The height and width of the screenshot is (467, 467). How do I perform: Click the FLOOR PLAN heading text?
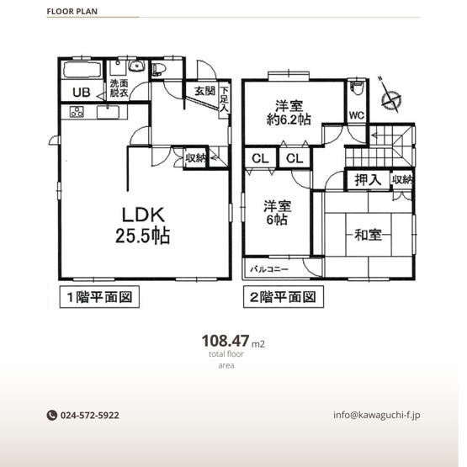pos(75,13)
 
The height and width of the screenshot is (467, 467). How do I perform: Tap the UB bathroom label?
pos(81,93)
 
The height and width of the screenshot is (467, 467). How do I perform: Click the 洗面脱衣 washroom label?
pos(117,88)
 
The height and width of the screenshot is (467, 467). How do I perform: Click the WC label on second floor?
pos(355,115)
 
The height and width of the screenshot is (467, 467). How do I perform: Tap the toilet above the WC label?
pos(356,87)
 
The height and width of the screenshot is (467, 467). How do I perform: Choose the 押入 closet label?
pos(367,179)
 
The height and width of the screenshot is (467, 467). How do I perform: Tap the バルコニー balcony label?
pos(269,269)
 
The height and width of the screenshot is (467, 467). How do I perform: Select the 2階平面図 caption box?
pos(282,297)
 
